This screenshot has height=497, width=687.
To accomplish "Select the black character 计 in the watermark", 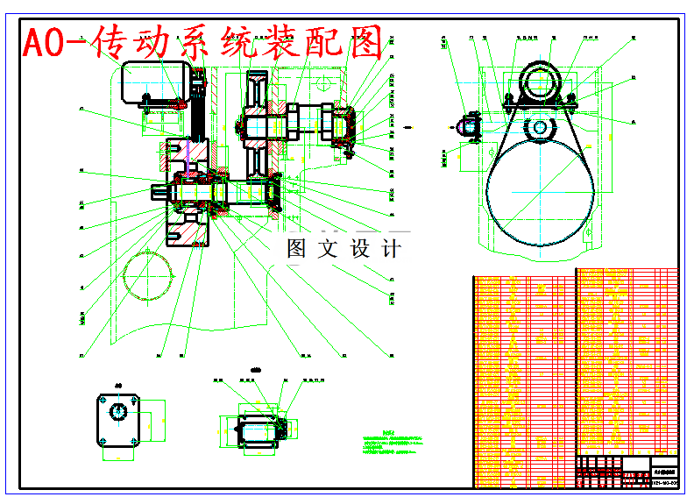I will [x=391, y=248].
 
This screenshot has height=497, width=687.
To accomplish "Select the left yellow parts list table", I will [x=523, y=381].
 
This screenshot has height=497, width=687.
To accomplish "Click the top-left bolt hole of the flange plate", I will [x=103, y=399].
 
